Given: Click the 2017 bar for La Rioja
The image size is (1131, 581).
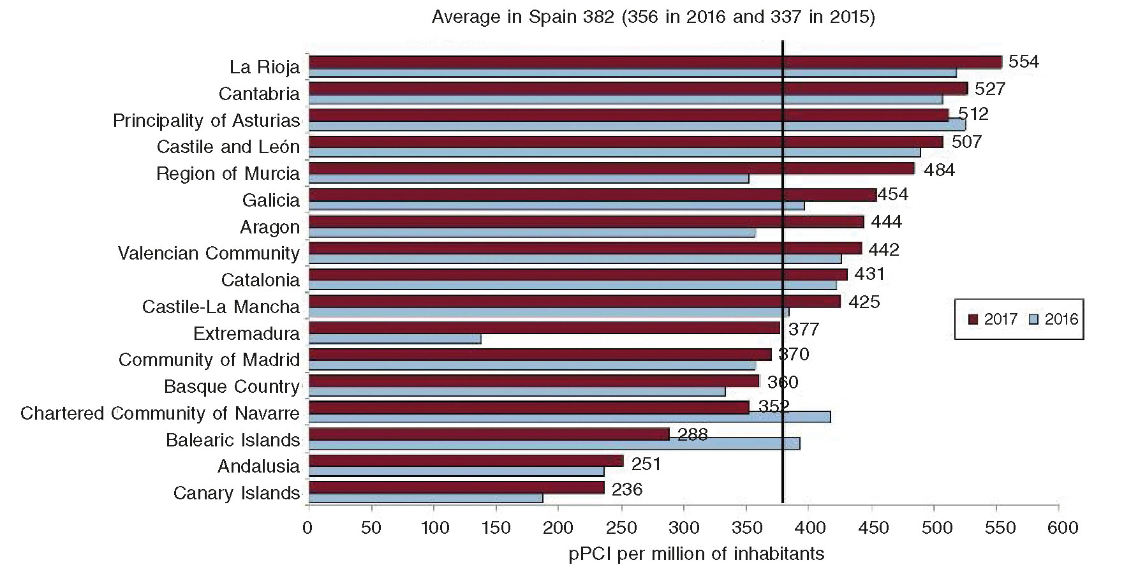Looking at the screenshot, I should pyautogui.click(x=655, y=62).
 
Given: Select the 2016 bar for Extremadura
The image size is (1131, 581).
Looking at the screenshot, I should pyautogui.click(x=395, y=339).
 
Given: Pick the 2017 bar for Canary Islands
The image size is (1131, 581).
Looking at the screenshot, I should pyautogui.click(x=456, y=487).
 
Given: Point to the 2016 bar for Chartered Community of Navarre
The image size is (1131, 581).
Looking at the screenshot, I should pyautogui.click(x=569, y=417).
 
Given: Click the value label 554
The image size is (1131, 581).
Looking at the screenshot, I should pyautogui.click(x=1024, y=62).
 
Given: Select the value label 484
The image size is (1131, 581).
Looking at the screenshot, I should pyautogui.click(x=939, y=170).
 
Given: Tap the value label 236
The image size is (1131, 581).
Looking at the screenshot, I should pyautogui.click(x=627, y=489).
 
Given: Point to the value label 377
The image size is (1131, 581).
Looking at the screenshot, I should pyautogui.click(x=804, y=330).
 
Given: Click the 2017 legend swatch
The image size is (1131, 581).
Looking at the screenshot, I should pyautogui.click(x=973, y=320).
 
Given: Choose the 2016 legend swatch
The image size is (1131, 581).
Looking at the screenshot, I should pyautogui.click(x=1034, y=320).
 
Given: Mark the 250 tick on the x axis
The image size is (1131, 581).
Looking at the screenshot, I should pyautogui.click(x=621, y=528).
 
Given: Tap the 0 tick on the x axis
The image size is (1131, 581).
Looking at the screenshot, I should pyautogui.click(x=309, y=528).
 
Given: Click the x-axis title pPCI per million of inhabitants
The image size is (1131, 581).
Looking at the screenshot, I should pyautogui.click(x=696, y=554).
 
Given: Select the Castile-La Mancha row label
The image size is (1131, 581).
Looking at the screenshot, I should pyautogui.click(x=221, y=307).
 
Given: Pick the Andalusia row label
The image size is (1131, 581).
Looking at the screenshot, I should pyautogui.click(x=258, y=466).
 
